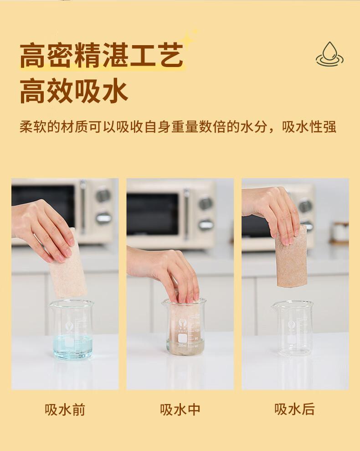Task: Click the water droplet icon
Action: [x=329, y=54]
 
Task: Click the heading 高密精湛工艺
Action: [x=102, y=55]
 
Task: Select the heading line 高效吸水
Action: [x=74, y=92]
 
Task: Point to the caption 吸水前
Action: [x=65, y=410]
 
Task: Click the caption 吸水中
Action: [x=180, y=410]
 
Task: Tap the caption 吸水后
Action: [x=294, y=410]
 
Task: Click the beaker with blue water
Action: [x=71, y=329]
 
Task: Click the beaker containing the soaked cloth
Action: [x=185, y=326]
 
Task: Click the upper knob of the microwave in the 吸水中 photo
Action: [x=206, y=202]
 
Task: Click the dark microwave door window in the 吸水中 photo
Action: [x=153, y=215]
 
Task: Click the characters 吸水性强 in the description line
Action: [x=309, y=127]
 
